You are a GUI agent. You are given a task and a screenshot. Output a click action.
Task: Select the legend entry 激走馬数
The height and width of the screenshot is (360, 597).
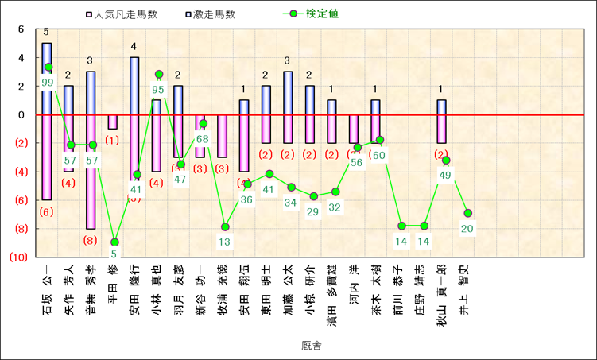click(209, 14)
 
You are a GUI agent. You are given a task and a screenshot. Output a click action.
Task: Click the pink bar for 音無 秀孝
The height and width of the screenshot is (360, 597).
click(91, 171)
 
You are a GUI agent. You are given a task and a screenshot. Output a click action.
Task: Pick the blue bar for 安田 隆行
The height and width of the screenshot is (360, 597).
click(135, 86)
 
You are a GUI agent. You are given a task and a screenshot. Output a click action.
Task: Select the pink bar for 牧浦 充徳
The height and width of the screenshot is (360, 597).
click(223, 136)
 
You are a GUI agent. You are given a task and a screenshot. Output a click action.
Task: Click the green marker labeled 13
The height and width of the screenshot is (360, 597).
click(225, 227)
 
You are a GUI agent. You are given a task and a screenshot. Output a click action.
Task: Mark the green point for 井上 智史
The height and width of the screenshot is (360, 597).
click(468, 213)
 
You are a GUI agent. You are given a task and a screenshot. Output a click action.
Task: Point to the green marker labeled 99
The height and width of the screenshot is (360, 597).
click(48, 68)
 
